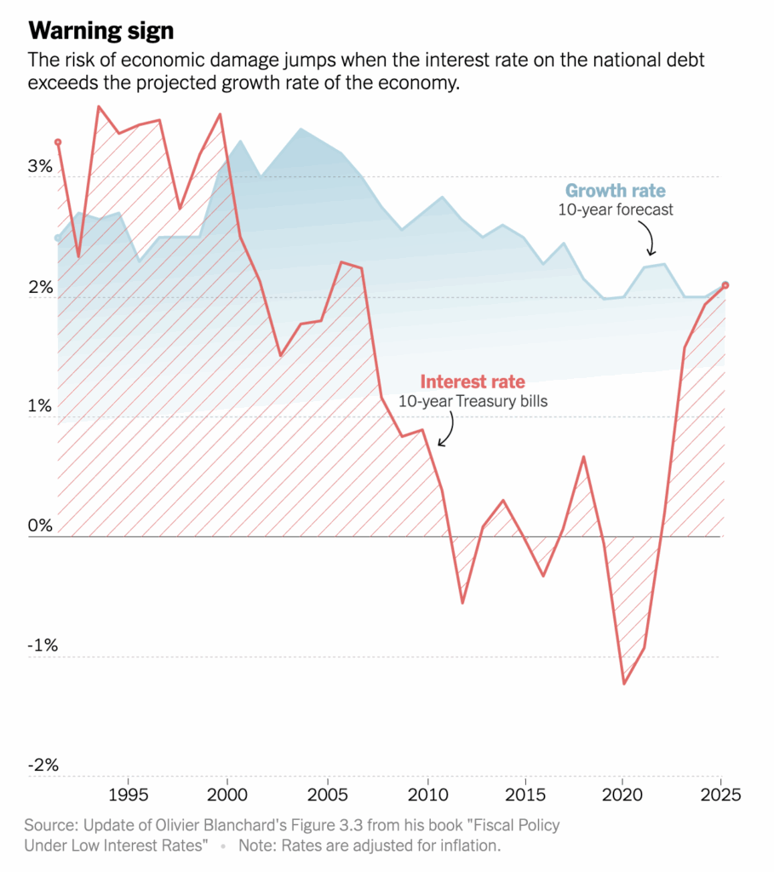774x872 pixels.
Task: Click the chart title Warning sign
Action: pyautogui.click(x=101, y=32)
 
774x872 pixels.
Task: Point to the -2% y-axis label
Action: pyautogui.click(x=43, y=766)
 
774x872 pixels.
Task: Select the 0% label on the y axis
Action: pyautogui.click(x=42, y=525)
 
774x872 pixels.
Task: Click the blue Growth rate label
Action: pyautogui.click(x=616, y=191)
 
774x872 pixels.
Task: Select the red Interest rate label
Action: pyautogui.click(x=473, y=381)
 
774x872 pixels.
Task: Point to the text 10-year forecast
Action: pyautogui.click(x=616, y=209)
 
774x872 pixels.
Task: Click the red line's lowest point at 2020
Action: pyautogui.click(x=624, y=683)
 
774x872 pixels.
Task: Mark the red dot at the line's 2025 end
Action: pyautogui.click(x=725, y=285)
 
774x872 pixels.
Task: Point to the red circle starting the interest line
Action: pyautogui.click(x=58, y=142)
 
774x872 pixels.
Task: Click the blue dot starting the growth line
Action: pyautogui.click(x=58, y=238)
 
